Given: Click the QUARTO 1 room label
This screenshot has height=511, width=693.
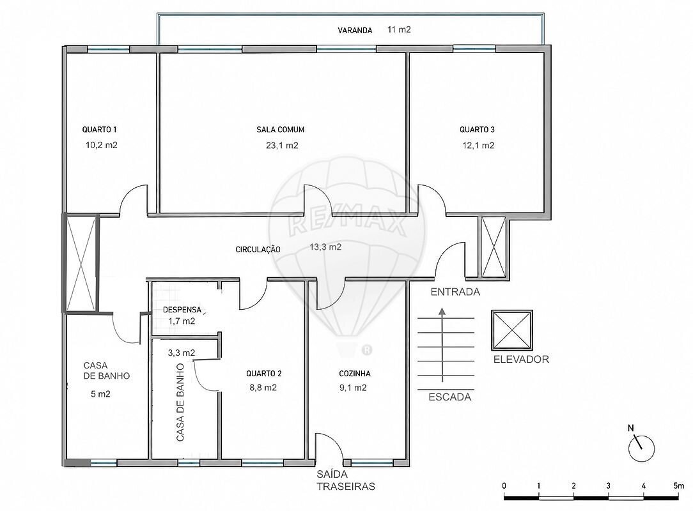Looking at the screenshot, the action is pos(100,130).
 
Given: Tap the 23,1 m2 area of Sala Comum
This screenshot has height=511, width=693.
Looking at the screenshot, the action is pos(282,145).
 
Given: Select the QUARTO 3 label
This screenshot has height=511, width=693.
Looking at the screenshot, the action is pos(478,130).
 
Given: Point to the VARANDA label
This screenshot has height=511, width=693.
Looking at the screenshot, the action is pos(355,31).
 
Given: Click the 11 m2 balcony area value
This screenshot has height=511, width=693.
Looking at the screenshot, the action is pos(399,29).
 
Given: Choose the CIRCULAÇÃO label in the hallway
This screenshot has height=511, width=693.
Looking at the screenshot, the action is pos(258,250).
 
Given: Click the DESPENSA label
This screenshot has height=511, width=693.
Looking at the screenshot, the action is pos(182,310).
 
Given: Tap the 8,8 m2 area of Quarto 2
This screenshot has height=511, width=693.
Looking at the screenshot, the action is pos(263,388).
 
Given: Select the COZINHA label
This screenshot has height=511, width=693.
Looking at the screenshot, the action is pos(355,374).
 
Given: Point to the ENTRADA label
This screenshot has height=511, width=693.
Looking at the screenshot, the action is pos(455,292).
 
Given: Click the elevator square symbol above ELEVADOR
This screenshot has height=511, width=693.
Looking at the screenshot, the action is pos(512,330).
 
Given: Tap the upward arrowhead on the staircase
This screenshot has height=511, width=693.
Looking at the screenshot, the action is pos(442,312).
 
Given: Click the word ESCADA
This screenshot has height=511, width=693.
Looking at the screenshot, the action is pos(450,397).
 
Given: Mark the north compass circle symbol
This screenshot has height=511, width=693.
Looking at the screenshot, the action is pos(642,449).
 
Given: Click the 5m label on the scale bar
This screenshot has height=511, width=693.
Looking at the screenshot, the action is pos(679,486).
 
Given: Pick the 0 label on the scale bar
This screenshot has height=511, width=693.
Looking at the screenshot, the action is pos(504,486).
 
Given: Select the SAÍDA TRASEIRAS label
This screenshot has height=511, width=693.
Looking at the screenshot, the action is pos(346,480).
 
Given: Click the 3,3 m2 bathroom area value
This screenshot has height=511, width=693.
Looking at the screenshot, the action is pos(182,353).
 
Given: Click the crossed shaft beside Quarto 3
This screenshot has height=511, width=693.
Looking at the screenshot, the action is pos(494,247).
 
